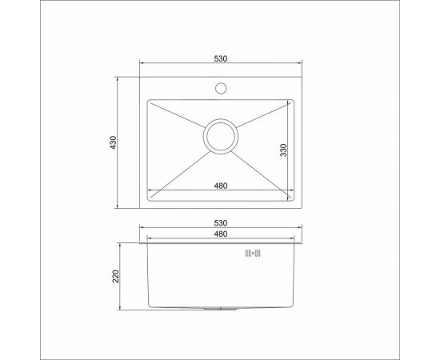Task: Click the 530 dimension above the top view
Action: point(221,58)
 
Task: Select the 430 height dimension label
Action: point(114,142)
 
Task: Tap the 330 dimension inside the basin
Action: point(284,150)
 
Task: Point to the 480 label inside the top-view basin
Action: point(221,186)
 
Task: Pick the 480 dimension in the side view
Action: point(221,234)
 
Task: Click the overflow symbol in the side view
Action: point(257,254)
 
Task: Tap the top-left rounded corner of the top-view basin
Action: point(149,102)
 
